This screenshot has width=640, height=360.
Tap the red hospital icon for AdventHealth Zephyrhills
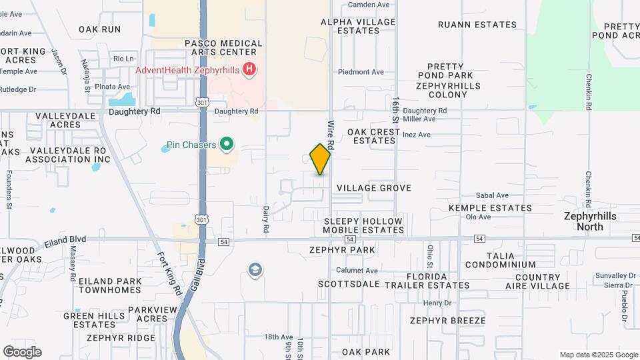point(249,69)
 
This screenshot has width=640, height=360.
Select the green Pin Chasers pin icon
point(226,144)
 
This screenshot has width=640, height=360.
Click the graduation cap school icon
point(255,270)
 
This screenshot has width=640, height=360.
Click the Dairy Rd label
point(266,218)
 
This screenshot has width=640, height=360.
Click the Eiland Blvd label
point(65,239)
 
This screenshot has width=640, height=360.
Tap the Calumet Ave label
point(357,271)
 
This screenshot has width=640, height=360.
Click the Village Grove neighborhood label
point(373,188)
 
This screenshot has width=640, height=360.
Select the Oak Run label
point(100,29)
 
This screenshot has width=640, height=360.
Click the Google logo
point(21,352)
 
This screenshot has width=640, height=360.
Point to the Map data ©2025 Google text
point(599,355)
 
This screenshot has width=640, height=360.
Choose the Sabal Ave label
point(492,196)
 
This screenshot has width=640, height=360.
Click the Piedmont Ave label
point(361,72)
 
